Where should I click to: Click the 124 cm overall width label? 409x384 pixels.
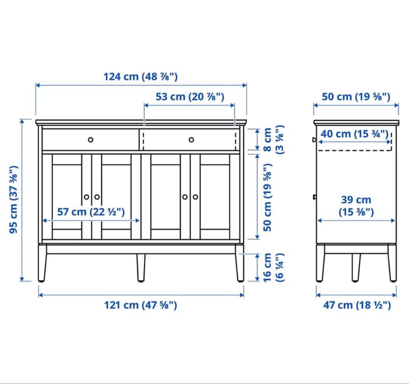pyautogui.click(x=140, y=77)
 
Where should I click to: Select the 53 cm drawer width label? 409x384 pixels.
pyautogui.click(x=190, y=97)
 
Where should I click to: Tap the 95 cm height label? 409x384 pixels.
pyautogui.click(x=13, y=200)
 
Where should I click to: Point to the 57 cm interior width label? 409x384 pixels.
pyautogui.click(x=91, y=212)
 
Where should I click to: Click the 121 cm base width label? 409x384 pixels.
pyautogui.click(x=140, y=305)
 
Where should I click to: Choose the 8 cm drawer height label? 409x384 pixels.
pyautogui.click(x=273, y=140)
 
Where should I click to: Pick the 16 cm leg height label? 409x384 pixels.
pyautogui.click(x=273, y=268)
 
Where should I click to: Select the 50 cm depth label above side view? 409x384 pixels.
pyautogui.click(x=356, y=97)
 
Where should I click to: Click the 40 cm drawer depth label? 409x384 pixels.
pyautogui.click(x=354, y=134)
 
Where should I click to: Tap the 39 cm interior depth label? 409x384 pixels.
pyautogui.click(x=356, y=206)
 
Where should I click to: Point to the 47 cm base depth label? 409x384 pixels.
pyautogui.click(x=357, y=305)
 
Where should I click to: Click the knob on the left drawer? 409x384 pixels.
pyautogui.click(x=91, y=140)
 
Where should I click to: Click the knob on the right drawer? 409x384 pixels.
pyautogui.click(x=191, y=140)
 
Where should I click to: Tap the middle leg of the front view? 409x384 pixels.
pyautogui.click(x=141, y=268)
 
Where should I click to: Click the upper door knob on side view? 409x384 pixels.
pyautogui.click(x=314, y=140)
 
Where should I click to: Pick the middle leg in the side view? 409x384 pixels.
pyautogui.click(x=356, y=268)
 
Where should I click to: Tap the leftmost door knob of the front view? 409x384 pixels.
pyautogui.click(x=86, y=197)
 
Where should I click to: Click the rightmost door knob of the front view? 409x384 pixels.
pyautogui.click(x=195, y=197)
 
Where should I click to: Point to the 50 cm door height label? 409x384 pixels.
pyautogui.click(x=268, y=197)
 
